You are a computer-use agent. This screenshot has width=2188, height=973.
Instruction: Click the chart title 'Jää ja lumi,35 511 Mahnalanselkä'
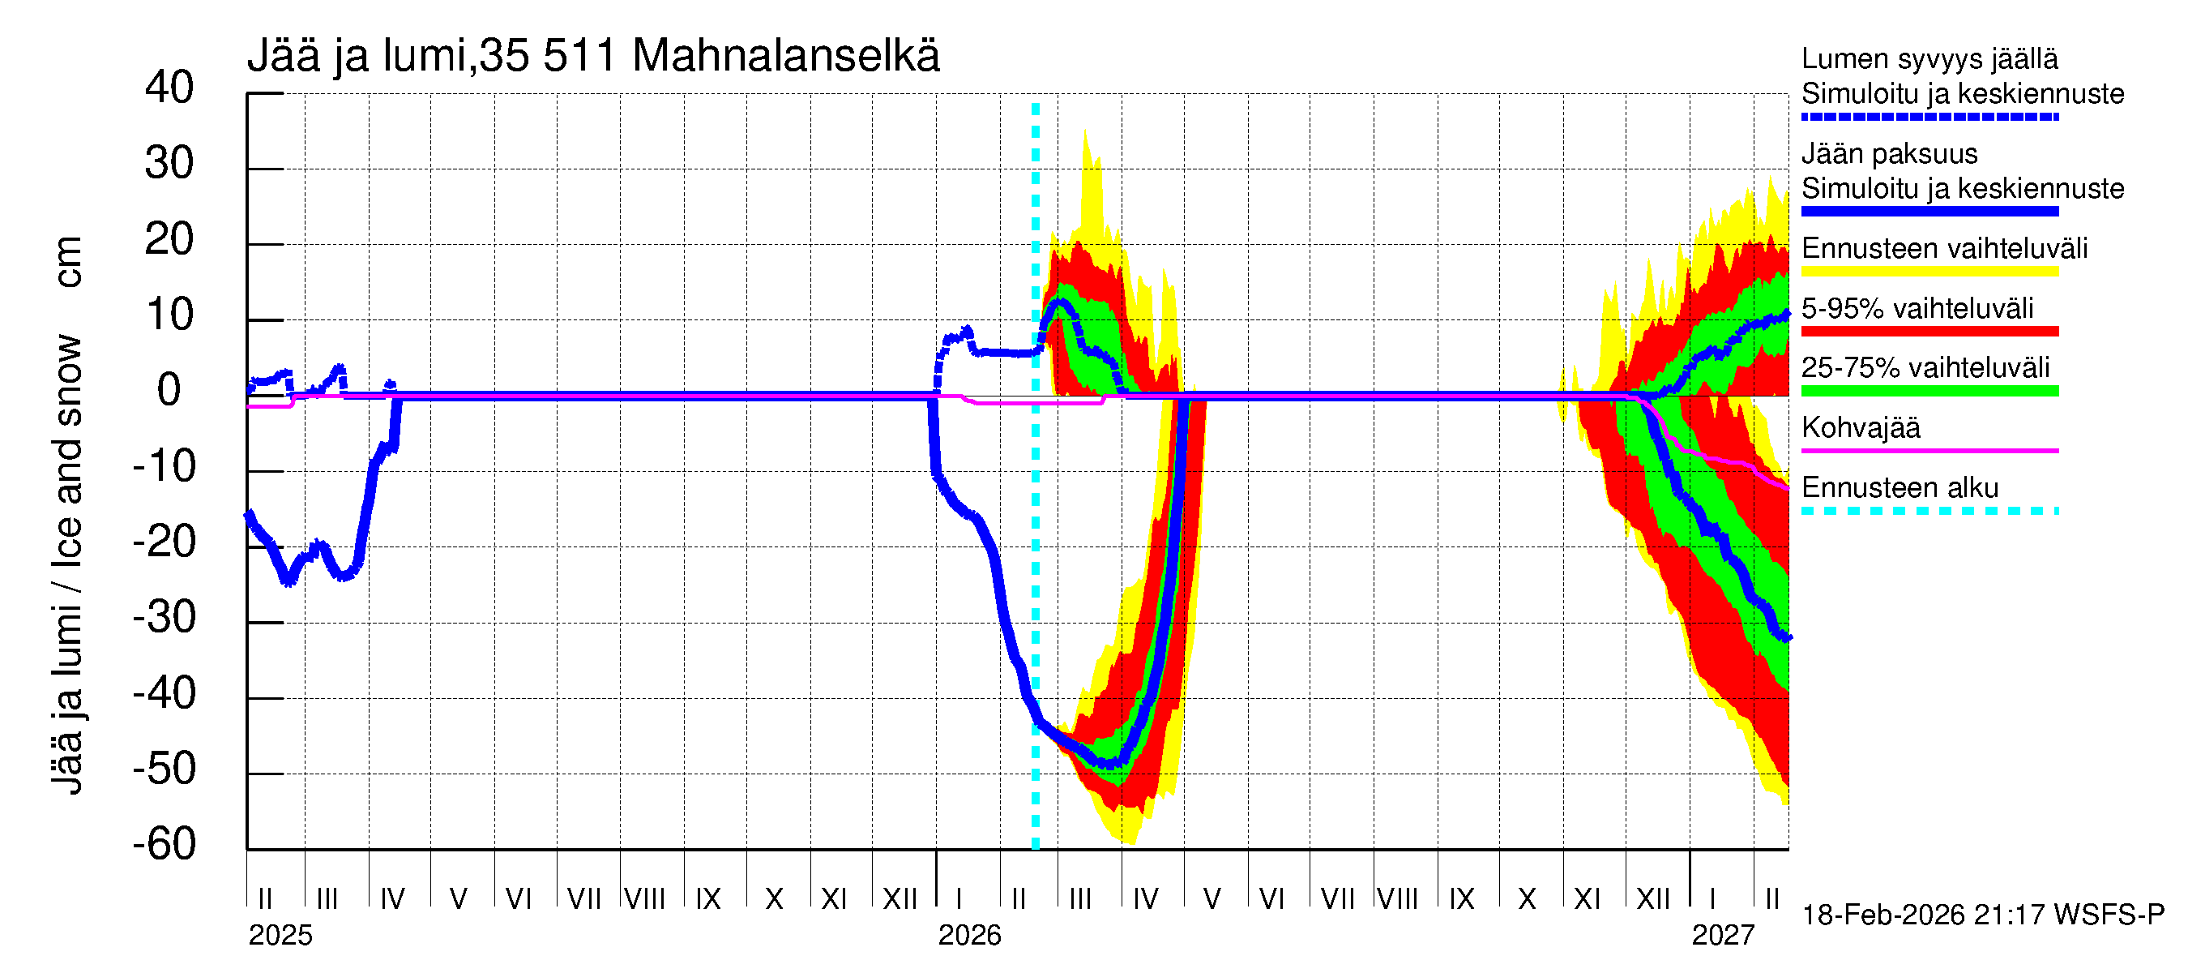pos(593,56)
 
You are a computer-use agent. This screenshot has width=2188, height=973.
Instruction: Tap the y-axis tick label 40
pos(169,88)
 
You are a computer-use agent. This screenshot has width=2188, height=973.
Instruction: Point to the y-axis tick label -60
pos(164,844)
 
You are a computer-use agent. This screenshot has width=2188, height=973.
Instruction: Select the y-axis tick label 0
pos(169,390)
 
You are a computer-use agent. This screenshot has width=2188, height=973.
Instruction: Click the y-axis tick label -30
pos(164,618)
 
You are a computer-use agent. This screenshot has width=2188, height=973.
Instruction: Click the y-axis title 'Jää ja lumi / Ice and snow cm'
pos(67,514)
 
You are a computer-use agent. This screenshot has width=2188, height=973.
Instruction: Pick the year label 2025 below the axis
pos(280,936)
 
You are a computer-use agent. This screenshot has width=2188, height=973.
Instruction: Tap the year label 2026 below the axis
pos(969,936)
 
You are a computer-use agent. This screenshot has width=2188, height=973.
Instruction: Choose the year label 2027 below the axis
pos(1723,936)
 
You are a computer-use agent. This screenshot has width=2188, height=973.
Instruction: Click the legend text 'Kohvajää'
pos(1860,427)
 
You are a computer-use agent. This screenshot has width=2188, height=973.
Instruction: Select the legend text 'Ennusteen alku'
pos(1900,488)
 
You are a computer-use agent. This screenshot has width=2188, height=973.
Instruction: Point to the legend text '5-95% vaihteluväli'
pos(1917,308)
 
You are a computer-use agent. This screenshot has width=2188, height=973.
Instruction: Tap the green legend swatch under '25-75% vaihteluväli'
pos(1929,391)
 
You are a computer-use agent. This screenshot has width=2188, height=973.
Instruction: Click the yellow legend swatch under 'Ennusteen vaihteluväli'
pos(1929,272)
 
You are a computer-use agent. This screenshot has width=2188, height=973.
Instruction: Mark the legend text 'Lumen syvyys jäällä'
pos(1929,59)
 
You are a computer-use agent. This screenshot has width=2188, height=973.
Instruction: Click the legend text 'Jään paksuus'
pos(1889,154)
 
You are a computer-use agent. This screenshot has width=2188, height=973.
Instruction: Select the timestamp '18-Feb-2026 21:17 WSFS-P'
pos(1982,915)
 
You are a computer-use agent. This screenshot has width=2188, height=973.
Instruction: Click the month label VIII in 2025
pos(645,898)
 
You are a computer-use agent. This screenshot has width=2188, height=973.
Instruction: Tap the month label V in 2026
pos(1212,898)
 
